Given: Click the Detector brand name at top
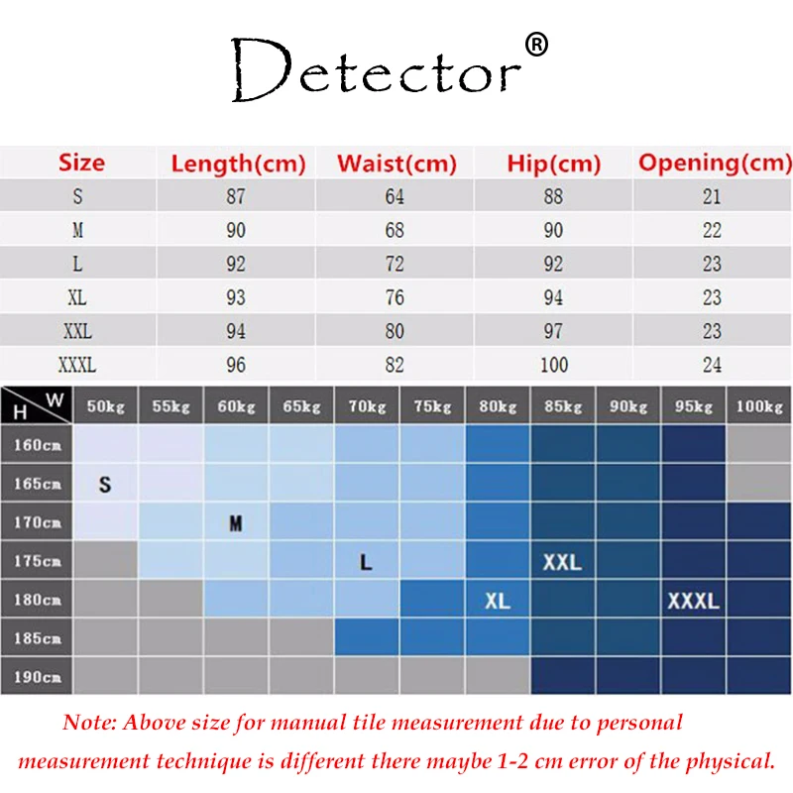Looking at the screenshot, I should pos(377,71).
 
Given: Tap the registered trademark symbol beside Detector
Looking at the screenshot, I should pos(535,45).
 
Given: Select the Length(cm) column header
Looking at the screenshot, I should pos(238,164).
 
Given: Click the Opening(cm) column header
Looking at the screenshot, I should pos(714,164).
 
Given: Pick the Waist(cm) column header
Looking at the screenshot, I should pos(396,164).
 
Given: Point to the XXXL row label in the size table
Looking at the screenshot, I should pos(77,365).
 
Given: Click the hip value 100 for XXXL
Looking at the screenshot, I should pos(553,365).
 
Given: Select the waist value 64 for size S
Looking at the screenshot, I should pos(395,196).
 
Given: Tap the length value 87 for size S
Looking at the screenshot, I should pos(235,196).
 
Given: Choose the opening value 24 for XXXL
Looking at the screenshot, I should pos(712,365).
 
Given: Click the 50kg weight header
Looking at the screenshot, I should pos(106,406).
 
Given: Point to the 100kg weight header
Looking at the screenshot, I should pos(759,406).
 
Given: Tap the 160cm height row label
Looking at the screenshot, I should pos(38,445).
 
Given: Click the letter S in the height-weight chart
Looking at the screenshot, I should pos(105,485).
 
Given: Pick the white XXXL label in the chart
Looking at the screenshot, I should pos(693,601).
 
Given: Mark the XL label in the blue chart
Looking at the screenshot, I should pos(498,601).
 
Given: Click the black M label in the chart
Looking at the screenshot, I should pos(236,523).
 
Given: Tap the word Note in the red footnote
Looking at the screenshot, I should pos(88,723).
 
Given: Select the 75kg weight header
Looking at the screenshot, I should pos(433,406).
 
